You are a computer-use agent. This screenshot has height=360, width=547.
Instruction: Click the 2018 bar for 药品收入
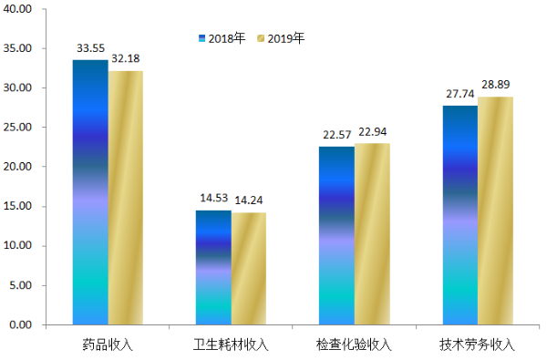pos(90,191)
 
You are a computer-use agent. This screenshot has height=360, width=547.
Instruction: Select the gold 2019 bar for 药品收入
pos(126,197)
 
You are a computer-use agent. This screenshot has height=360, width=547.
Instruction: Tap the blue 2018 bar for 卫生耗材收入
pos(213,267)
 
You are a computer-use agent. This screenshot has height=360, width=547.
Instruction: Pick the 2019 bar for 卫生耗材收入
pos(249,268)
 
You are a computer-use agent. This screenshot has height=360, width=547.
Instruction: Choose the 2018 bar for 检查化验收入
pos(336,235)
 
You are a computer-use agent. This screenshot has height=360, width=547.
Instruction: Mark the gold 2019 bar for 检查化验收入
pos(372,233)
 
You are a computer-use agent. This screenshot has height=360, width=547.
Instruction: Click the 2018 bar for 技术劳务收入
pos(459,215)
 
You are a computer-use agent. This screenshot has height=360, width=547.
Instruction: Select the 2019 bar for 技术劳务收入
pos(495,211)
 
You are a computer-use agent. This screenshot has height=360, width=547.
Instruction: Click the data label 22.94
pos(374,133)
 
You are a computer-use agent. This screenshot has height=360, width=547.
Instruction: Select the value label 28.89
pos(496,86)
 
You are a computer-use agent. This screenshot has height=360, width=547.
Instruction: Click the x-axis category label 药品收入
pos(108,345)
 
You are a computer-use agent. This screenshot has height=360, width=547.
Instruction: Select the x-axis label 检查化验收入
pos(354,345)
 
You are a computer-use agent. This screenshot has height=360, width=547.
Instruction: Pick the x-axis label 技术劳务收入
pos(477,345)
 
